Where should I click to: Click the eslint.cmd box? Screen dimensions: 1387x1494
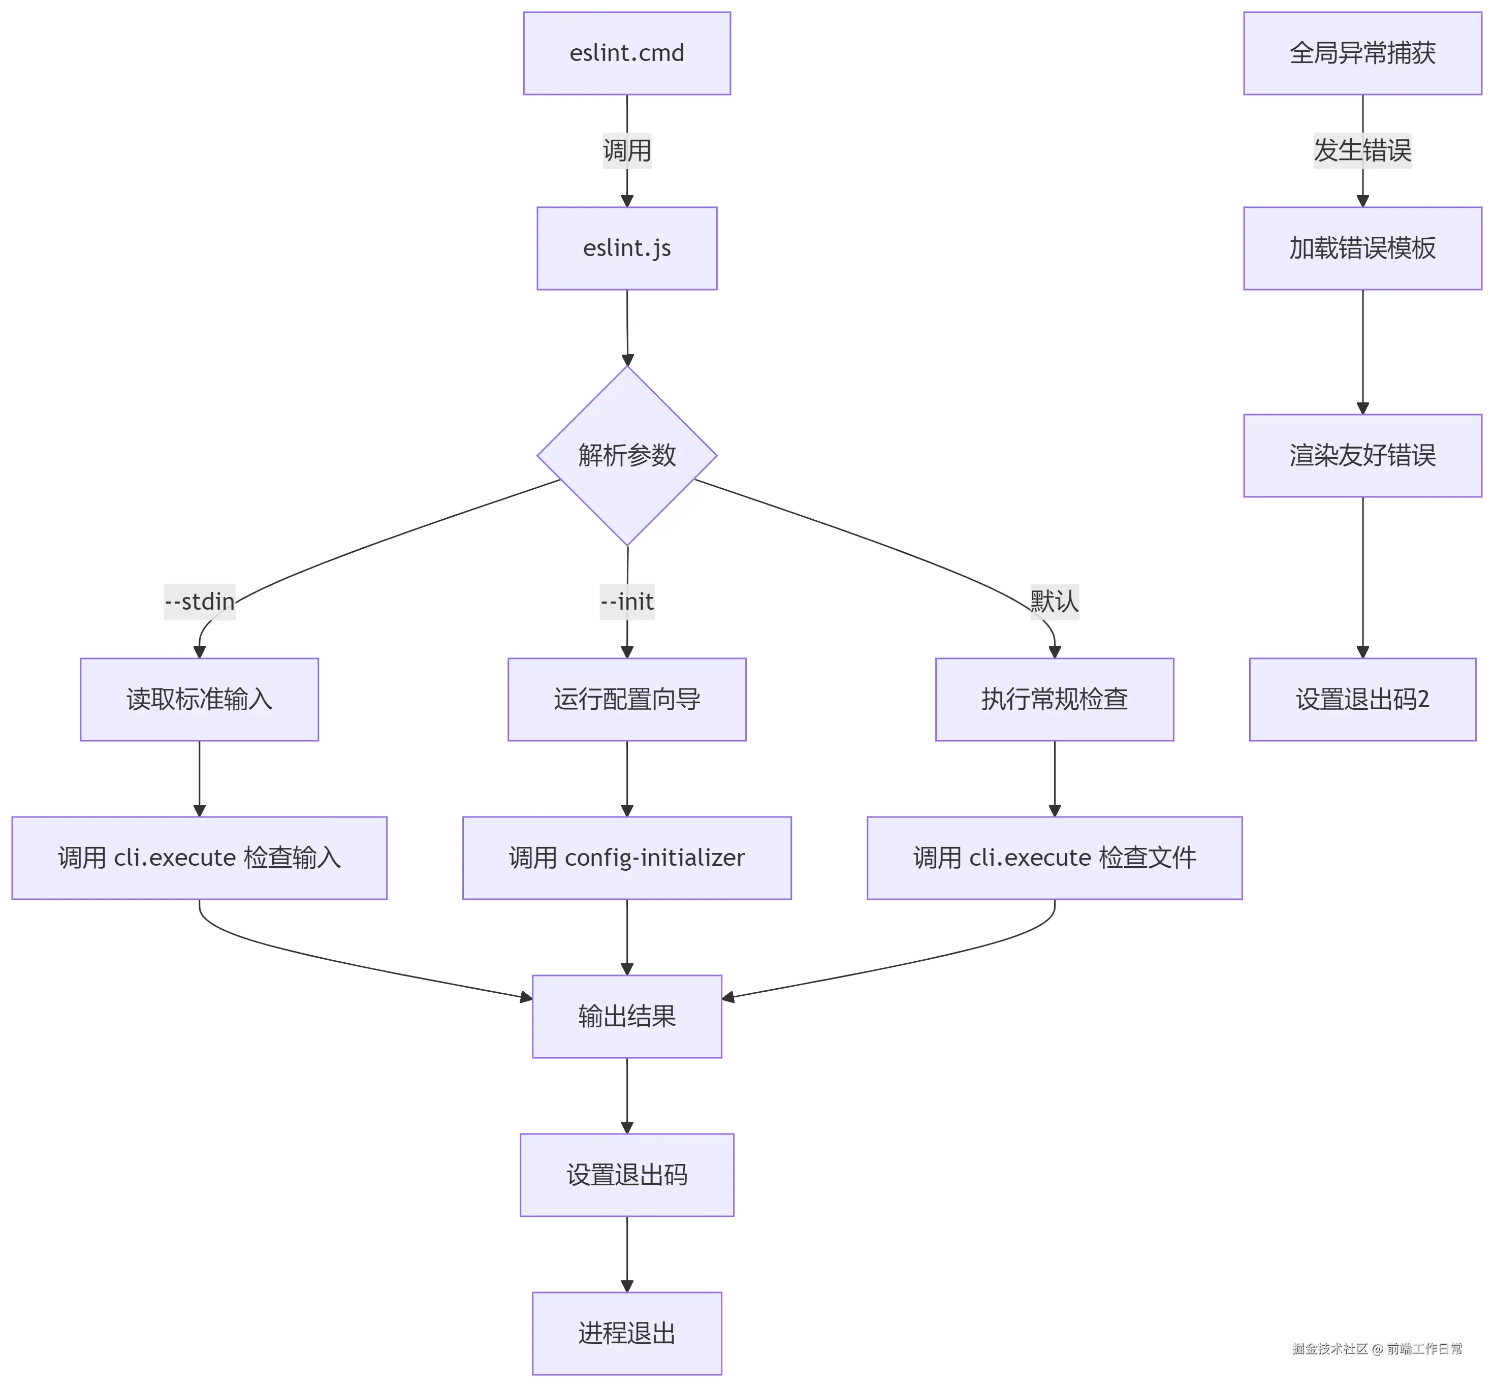click(x=626, y=53)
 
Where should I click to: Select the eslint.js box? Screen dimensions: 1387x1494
click(x=626, y=248)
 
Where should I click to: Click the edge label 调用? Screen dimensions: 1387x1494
click(x=626, y=151)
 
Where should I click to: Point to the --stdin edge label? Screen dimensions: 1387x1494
click(x=200, y=601)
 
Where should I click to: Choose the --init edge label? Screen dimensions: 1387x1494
click(x=626, y=601)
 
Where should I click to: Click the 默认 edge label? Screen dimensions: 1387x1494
click(x=1054, y=601)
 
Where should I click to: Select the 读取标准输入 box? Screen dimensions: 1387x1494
click(x=200, y=700)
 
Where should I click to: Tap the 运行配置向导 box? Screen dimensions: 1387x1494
click(x=626, y=700)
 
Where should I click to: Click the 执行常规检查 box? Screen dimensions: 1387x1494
click(x=1054, y=700)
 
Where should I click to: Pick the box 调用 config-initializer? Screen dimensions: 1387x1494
click(x=626, y=858)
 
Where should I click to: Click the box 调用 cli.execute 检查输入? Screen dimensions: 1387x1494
click(x=200, y=858)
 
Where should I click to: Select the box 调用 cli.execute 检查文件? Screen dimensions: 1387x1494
click(x=1054, y=858)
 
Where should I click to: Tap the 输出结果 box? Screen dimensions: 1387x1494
click(x=626, y=1016)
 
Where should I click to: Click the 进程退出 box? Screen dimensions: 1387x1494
click(x=626, y=1333)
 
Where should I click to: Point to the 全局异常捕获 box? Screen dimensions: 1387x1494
click(x=1362, y=53)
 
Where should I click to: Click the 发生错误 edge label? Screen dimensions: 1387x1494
click(x=1362, y=151)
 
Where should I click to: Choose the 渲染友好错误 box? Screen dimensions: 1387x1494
click(x=1362, y=456)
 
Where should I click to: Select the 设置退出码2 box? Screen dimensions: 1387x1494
click(x=1362, y=700)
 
